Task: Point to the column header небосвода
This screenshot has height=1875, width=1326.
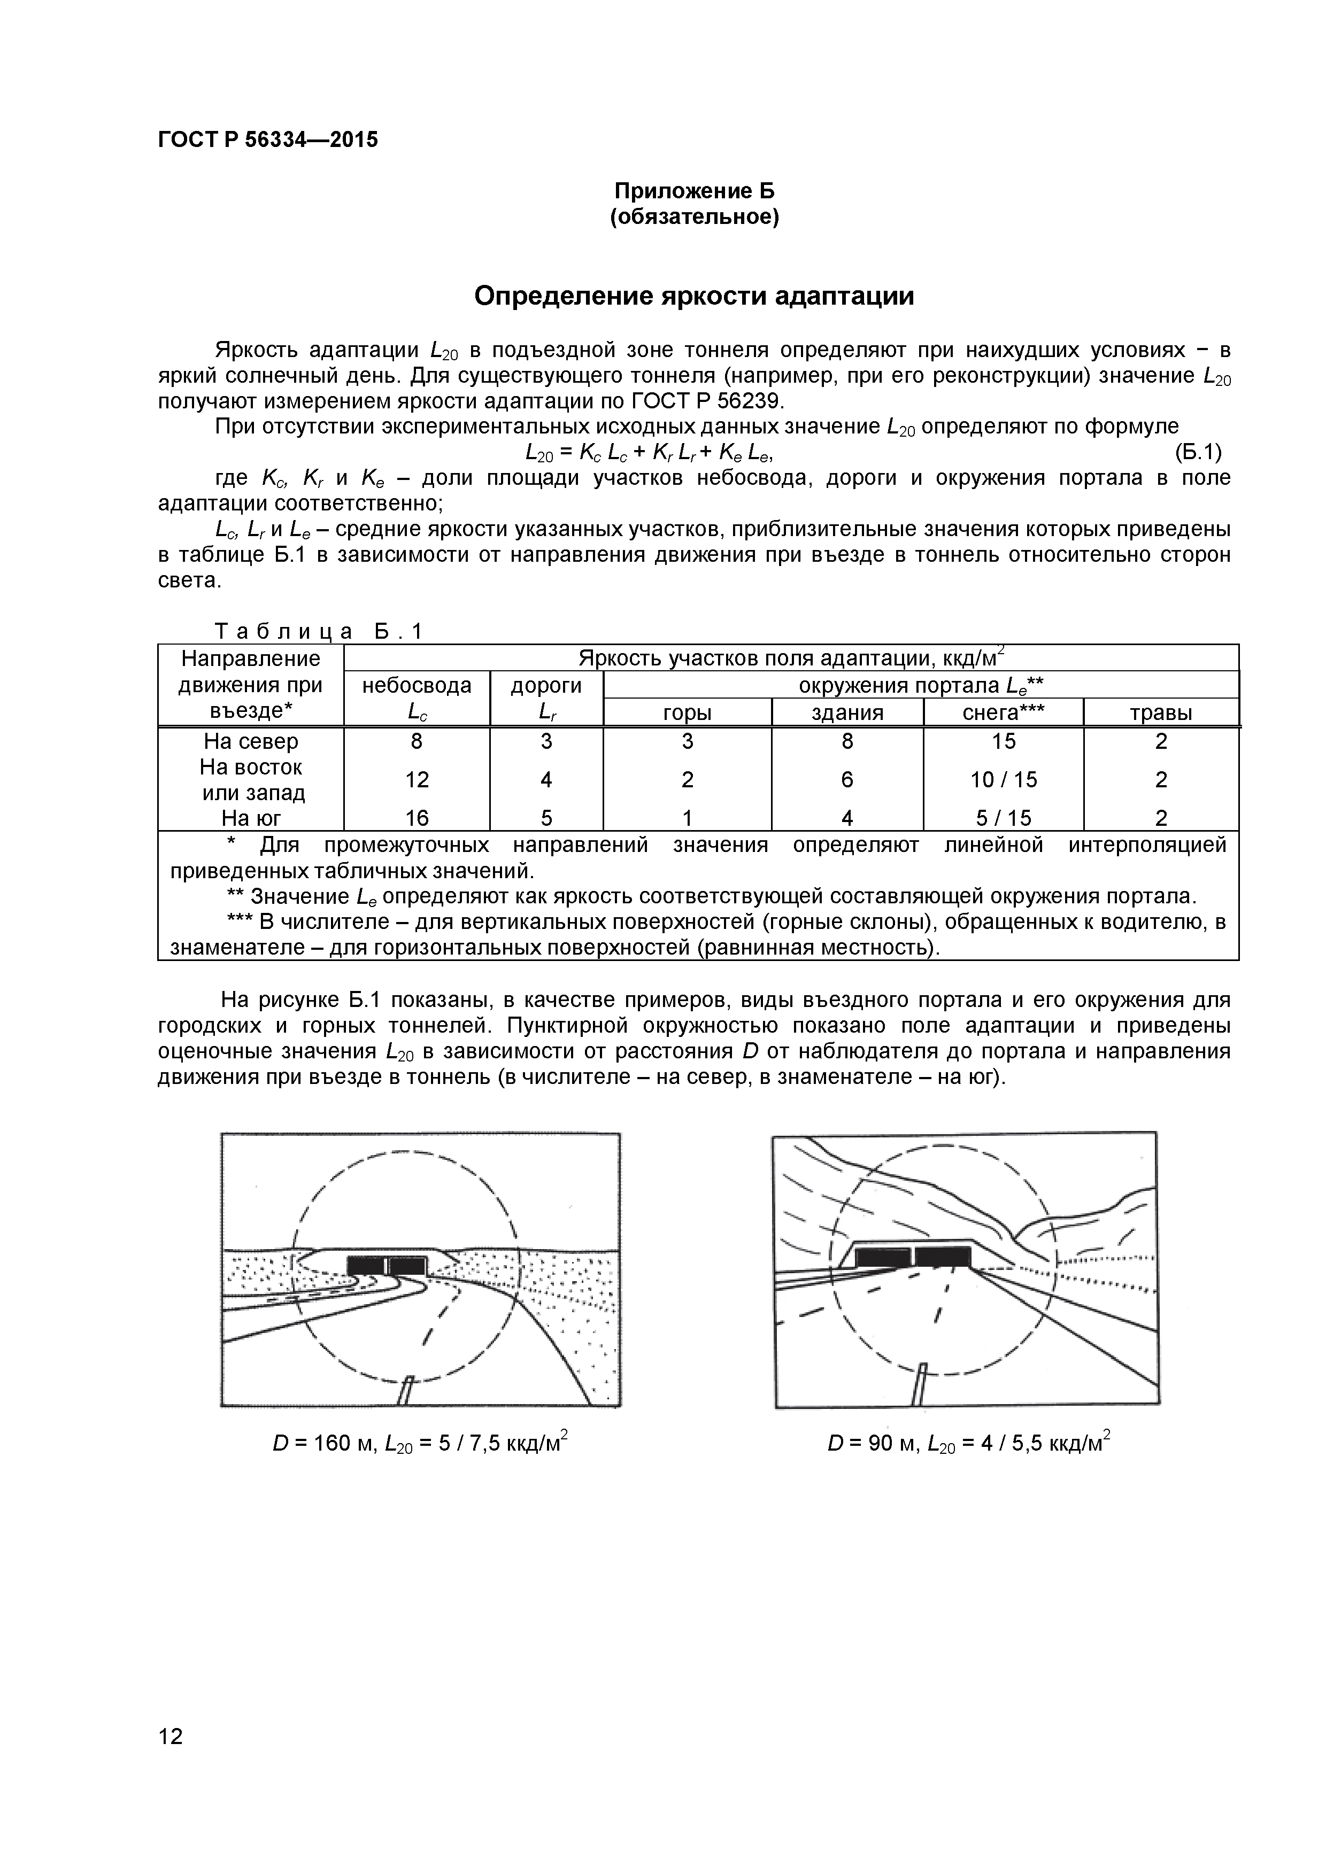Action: [417, 685]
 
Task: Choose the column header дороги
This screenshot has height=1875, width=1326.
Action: [546, 685]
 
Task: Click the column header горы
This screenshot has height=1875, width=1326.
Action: [687, 713]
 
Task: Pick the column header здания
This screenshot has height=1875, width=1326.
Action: [847, 713]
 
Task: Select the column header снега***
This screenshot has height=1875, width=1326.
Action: [1003, 713]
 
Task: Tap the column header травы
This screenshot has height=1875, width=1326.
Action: [1161, 713]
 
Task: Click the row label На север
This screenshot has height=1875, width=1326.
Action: [251, 741]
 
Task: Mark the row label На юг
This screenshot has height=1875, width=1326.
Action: [251, 817]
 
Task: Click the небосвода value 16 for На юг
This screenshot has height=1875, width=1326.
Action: [417, 817]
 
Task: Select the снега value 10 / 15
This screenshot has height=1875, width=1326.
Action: [1003, 780]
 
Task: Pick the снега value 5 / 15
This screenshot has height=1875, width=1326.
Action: [1003, 817]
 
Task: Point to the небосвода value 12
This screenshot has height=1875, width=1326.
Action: [417, 780]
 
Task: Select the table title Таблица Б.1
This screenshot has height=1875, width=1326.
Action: [319, 631]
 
